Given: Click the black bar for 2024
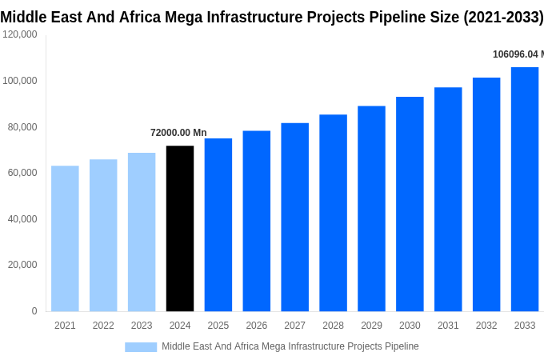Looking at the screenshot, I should coord(180,229).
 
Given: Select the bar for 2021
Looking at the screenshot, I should coord(65,238).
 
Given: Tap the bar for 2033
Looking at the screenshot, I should coord(525,190).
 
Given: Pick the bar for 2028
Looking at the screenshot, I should coord(333,213).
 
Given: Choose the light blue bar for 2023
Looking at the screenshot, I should coord(142,232).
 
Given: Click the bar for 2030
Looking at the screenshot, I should coord(410,204).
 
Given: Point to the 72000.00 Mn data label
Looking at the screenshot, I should coord(178,133).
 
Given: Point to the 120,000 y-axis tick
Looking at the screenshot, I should coord(20,34).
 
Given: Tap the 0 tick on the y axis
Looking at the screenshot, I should coord(34,311).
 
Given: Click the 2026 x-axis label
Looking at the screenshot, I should coord(257,326).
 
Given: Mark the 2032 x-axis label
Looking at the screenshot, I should coord(486,326).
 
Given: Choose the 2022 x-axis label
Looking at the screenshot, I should coord(103,326).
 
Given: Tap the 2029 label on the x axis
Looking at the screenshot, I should coord(371,326).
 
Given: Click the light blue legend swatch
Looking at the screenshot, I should coord(141,346).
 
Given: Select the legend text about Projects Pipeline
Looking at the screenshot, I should coord(290,346).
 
